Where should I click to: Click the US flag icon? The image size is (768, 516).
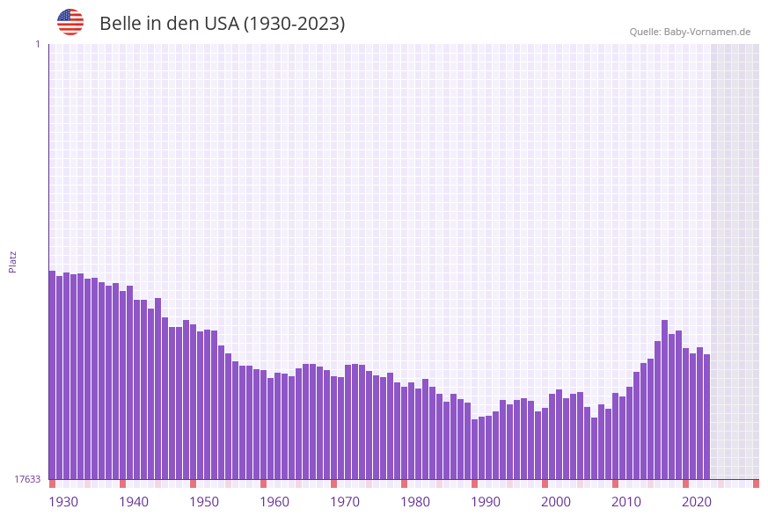[x=70, y=22]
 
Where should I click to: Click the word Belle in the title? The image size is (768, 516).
[x=121, y=24]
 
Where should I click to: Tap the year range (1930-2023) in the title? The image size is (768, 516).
[x=294, y=24]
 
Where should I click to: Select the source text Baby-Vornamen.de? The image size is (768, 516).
[x=707, y=32]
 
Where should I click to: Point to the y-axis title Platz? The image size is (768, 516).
[x=13, y=261]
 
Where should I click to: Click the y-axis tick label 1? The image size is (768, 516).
[x=37, y=44]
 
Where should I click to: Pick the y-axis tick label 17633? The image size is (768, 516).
[x=27, y=479]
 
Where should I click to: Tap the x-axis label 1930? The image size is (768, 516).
[x=63, y=502]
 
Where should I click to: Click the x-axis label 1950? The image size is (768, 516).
[x=204, y=502]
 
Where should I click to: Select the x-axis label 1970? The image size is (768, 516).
[x=345, y=502]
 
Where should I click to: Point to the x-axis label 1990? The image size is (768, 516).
[x=486, y=502]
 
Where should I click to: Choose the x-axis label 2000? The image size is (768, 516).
[x=556, y=502]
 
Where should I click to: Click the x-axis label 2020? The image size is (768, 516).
[x=697, y=502]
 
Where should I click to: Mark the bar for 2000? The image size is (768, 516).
[x=560, y=434]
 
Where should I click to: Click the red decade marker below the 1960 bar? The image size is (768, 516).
[x=263, y=483]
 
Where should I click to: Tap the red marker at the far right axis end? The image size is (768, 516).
[x=756, y=483]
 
